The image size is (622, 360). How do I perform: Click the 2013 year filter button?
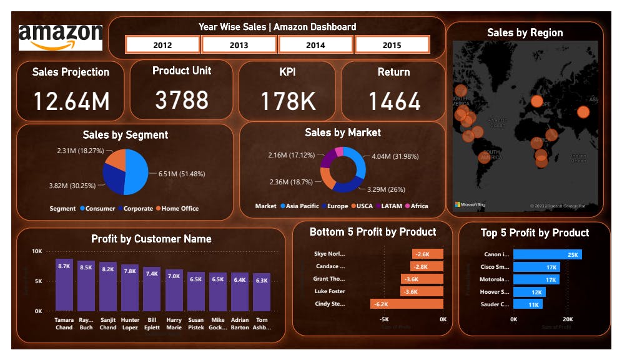coord(239,45)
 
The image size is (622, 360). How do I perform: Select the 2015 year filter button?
coord(392,45)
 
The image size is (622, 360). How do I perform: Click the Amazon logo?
coord(61,37)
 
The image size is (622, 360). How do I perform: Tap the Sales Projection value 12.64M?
coord(71,101)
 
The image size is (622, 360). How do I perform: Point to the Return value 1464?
coord(394,101)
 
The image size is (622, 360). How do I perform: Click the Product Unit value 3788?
coord(182,100)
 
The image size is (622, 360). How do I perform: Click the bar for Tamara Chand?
coord(64,285)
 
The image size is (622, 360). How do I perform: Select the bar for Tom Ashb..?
coord(262,292)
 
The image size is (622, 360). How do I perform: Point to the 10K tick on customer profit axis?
coord(37,251)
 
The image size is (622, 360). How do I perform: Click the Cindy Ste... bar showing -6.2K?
coord(407,304)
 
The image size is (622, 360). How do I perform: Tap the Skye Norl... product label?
coord(329,254)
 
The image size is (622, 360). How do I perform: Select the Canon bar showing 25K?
coord(548,254)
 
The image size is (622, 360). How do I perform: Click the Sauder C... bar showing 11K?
coord(528,304)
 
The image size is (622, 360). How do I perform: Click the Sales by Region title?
coord(525,33)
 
